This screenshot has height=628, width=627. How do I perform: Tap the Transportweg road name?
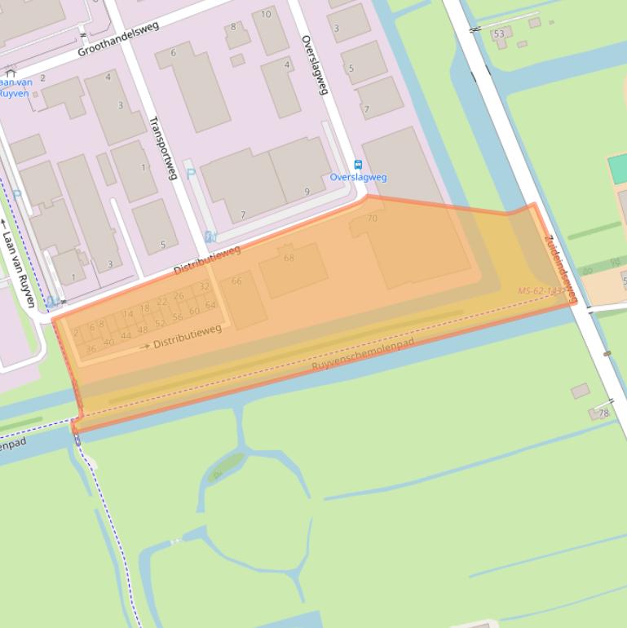point(162,148)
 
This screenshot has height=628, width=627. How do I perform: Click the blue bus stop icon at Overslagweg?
point(358,164)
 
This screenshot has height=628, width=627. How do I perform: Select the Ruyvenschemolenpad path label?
point(363,355)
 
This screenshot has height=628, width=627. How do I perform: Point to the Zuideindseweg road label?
point(560,269)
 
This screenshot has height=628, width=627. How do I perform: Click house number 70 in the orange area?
point(373,219)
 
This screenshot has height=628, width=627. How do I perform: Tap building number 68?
point(289,258)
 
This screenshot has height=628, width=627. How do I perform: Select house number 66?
point(236,281)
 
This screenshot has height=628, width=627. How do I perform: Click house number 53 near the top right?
point(499,34)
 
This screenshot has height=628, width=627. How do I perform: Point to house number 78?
point(603,413)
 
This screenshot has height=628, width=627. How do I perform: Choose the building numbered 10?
point(266,15)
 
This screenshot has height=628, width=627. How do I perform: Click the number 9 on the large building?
point(307,192)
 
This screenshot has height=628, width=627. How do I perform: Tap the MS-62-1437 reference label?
point(541,290)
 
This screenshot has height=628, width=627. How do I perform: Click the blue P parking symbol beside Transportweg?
point(191,173)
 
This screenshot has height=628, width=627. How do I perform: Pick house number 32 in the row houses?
point(204,287)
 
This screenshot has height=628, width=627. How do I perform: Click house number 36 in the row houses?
point(91,349)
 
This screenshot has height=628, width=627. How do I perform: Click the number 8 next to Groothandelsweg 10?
point(233,27)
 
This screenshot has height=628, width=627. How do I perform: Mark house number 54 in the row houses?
point(210,306)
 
